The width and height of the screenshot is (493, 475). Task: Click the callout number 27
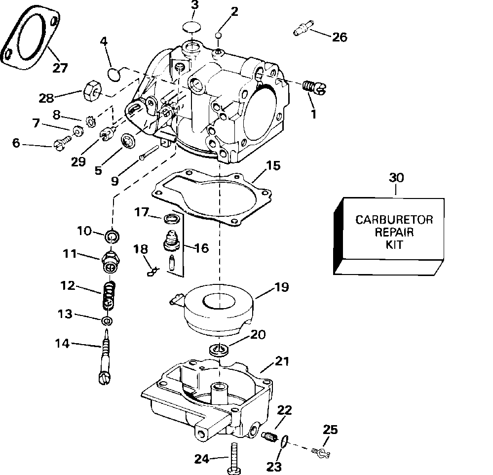[60, 68]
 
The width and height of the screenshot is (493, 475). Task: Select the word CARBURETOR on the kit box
[394, 220]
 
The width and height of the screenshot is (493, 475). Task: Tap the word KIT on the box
[394, 244]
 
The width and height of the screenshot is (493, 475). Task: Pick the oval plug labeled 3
[191, 27]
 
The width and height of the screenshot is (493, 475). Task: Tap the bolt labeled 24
[233, 458]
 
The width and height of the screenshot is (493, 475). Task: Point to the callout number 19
[281, 287]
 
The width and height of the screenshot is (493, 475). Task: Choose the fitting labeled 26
[303, 27]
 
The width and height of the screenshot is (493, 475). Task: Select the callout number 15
[273, 165]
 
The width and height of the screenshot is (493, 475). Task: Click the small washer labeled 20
[219, 350]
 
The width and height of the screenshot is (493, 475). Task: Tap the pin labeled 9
[150, 153]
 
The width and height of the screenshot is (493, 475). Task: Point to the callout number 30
[396, 178]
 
